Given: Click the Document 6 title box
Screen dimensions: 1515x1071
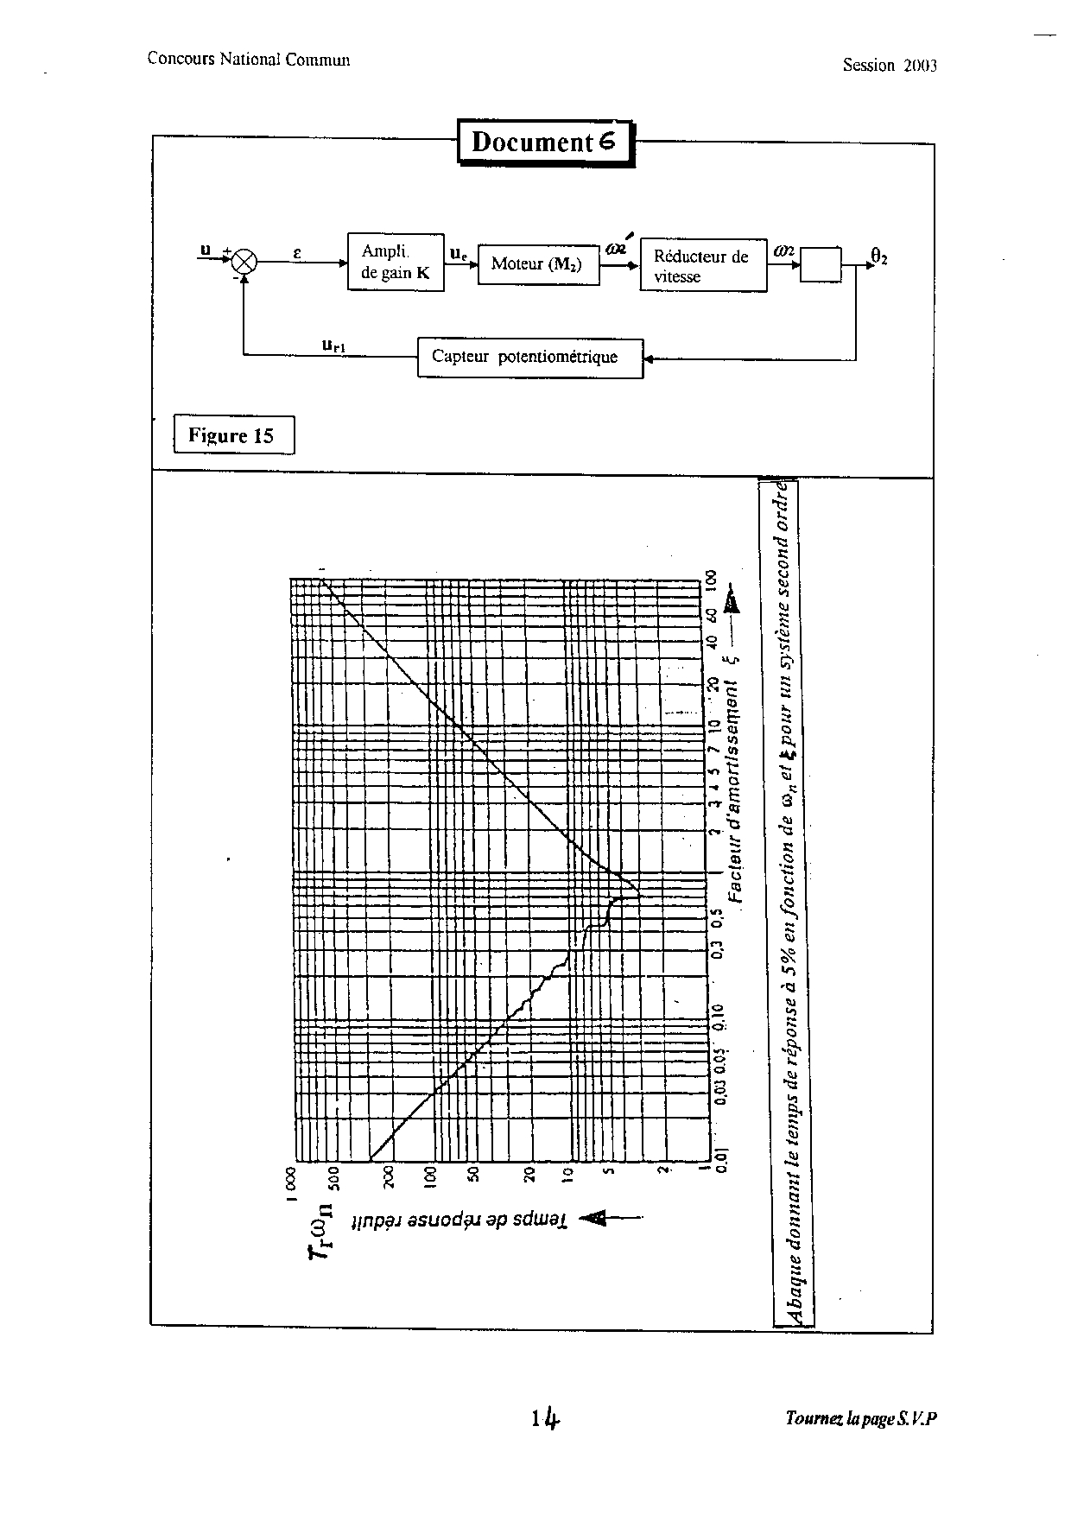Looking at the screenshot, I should point(545,142).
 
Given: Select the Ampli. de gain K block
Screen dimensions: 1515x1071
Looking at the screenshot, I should point(396,262).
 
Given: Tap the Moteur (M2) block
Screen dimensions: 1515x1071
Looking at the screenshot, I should point(537,263).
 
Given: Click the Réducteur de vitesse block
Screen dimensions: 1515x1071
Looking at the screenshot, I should point(702,266).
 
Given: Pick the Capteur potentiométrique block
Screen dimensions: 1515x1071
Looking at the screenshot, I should point(529,358).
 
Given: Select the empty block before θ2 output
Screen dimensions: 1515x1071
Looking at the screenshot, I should point(821,263).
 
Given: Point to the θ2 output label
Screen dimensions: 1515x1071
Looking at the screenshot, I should point(878,256).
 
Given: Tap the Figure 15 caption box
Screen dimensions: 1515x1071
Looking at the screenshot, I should point(233,435).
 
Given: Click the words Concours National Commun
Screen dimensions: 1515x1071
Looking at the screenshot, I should point(248,59).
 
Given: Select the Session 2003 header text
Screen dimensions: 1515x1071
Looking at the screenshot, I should point(890,66).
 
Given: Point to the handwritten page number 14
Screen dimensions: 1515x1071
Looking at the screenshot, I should point(548,1418).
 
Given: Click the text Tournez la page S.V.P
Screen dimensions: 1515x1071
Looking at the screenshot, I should point(861,1418).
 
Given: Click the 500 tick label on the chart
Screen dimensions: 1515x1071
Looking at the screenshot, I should point(334,1176).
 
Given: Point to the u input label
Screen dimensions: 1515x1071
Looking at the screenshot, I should point(206,250).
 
